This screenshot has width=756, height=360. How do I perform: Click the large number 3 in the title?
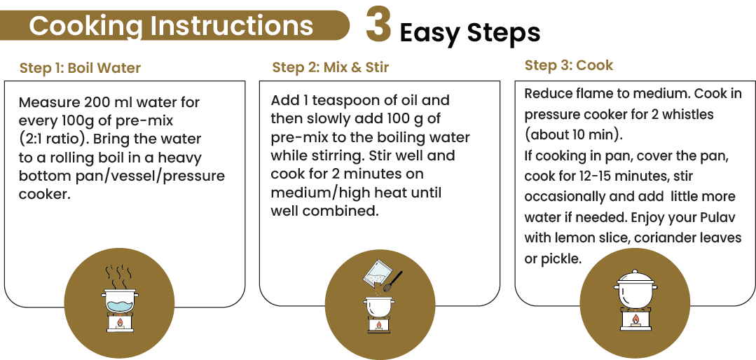pos(378,27)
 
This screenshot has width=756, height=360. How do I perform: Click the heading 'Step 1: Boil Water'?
pos(80,68)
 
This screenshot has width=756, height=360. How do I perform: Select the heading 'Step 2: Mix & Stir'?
pos(330,67)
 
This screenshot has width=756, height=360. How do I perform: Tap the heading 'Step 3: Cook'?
pos(568,65)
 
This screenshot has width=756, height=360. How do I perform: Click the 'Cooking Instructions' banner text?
pos(171,26)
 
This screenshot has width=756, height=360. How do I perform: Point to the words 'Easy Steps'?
pos(469,32)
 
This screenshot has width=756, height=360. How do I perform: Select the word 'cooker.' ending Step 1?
pos(45,194)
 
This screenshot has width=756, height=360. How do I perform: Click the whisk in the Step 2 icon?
pos(392,281)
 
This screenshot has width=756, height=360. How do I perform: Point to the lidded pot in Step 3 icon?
pos(635,288)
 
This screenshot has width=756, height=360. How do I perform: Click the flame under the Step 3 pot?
pos(635,320)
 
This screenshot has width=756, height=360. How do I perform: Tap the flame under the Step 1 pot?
pos(119,324)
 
